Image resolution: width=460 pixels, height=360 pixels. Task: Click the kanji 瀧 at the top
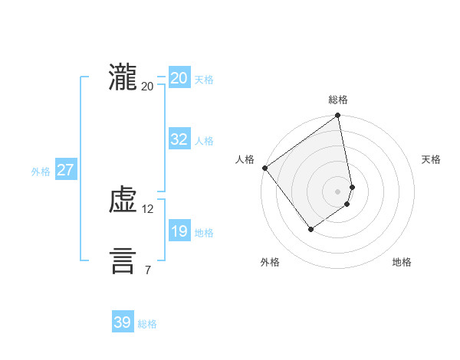click(123, 78)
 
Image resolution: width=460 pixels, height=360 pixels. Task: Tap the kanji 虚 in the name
click(123, 201)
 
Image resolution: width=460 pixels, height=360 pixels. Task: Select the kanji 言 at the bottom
click(123, 261)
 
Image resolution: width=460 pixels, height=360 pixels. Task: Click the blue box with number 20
click(179, 78)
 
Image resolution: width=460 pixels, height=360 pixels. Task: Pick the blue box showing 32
click(179, 139)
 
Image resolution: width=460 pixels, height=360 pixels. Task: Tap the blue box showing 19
click(179, 231)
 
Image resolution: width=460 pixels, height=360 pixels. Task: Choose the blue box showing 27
click(65, 170)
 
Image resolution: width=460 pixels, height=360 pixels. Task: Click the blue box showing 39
click(123, 322)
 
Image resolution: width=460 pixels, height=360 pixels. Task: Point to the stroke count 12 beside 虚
click(148, 209)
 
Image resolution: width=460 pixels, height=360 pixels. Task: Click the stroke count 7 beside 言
click(148, 270)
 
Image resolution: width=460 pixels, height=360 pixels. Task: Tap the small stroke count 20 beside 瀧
click(148, 87)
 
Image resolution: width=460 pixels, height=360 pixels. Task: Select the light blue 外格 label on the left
click(41, 172)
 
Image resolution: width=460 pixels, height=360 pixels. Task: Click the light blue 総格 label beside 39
click(147, 324)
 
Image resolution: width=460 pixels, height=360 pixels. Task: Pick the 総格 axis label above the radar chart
click(338, 100)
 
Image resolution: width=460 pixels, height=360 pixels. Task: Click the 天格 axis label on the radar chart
click(431, 159)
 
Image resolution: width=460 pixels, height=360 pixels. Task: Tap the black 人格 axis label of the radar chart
click(245, 159)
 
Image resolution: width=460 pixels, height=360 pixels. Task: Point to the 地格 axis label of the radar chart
click(402, 262)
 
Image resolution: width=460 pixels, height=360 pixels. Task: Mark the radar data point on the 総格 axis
click(338, 116)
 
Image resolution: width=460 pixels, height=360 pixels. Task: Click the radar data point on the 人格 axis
click(264, 168)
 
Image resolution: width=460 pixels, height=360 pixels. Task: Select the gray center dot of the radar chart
click(338, 191)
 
